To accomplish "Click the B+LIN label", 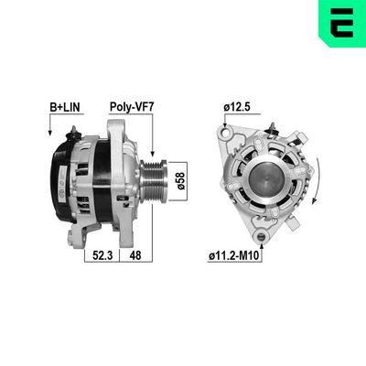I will click(64, 107).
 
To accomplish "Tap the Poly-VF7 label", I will click(130, 107).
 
